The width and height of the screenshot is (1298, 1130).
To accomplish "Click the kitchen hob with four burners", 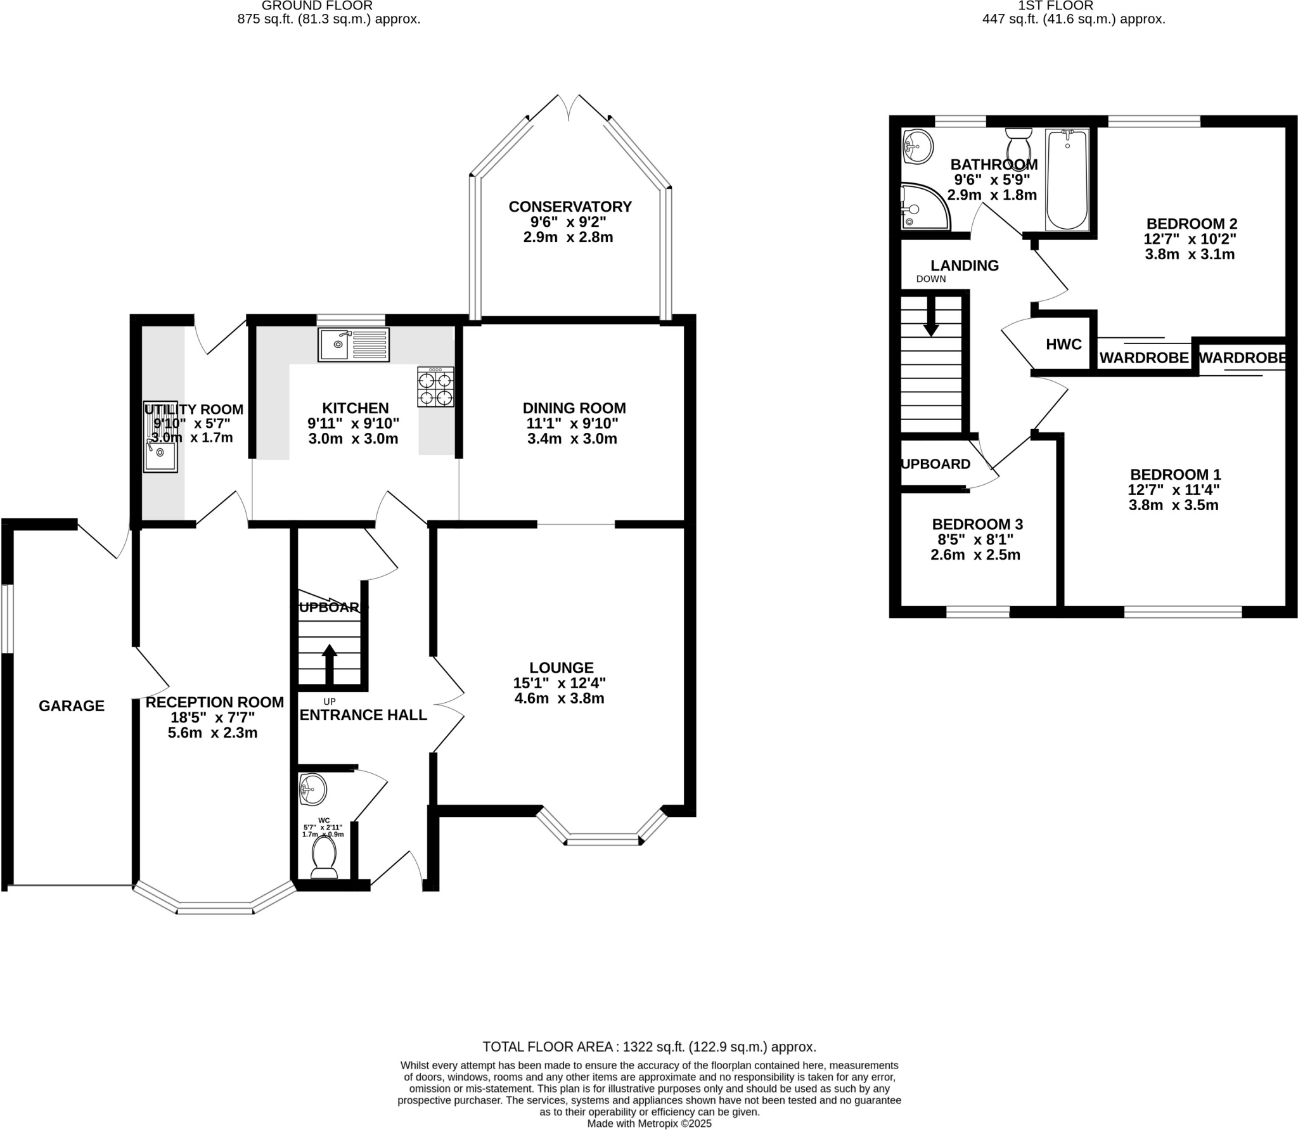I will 435,387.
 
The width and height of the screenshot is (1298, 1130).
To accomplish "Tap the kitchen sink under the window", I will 354,345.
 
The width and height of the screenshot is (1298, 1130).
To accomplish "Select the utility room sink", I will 160,437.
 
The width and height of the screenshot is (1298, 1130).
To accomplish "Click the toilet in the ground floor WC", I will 324,857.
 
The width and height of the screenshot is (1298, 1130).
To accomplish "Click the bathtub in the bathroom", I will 1067,179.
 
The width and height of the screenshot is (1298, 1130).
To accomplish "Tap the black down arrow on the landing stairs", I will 931,316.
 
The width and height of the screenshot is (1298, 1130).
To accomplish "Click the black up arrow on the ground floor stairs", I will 330,664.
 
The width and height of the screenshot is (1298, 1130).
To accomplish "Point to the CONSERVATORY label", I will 570,207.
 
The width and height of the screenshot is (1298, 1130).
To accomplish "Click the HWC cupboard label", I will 1063,345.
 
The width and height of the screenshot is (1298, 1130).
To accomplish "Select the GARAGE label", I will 72,705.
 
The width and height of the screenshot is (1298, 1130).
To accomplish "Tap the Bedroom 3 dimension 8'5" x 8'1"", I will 975,540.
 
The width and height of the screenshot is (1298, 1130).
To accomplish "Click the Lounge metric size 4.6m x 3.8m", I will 561,698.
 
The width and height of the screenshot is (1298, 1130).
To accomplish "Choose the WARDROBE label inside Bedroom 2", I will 1143,358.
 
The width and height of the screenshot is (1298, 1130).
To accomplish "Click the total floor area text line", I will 649,1047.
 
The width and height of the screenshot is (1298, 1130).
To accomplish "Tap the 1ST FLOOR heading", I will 1073,6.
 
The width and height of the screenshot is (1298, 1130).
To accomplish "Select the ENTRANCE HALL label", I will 363,715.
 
